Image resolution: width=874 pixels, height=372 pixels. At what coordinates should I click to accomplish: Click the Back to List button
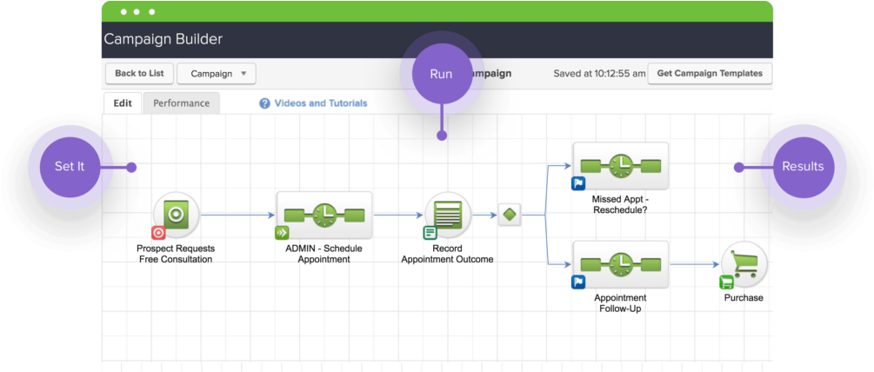coord(139,74)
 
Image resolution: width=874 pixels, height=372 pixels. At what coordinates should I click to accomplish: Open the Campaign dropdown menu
coord(216,74)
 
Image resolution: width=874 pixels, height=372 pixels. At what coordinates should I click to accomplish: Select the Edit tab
coord(123,103)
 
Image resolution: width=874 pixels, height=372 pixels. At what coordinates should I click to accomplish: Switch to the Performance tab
coord(181,103)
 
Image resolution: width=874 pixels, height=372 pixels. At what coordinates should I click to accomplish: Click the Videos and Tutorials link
coord(320,103)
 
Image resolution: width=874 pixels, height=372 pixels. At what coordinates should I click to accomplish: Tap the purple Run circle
coord(441,74)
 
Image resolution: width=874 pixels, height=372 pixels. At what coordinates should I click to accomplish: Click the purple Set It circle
coord(69,166)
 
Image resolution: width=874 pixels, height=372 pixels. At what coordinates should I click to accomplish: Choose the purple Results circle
coord(802,166)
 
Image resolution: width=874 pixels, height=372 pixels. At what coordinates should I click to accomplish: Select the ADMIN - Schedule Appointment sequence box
coord(324,215)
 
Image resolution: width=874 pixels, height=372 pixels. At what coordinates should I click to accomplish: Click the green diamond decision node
coord(510,215)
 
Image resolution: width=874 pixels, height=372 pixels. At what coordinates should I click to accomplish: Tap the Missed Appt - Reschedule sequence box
coord(620,165)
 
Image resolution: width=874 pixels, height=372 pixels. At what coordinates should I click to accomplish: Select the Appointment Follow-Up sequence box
coord(620,264)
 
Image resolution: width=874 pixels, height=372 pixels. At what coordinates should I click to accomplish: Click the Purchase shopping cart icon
coord(744,264)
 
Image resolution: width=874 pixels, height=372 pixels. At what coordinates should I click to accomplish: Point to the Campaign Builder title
coord(163,39)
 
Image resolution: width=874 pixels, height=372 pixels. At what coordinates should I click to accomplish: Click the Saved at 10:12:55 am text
coord(599,74)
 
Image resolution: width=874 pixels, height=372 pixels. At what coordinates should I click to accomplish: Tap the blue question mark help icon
coord(264,103)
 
